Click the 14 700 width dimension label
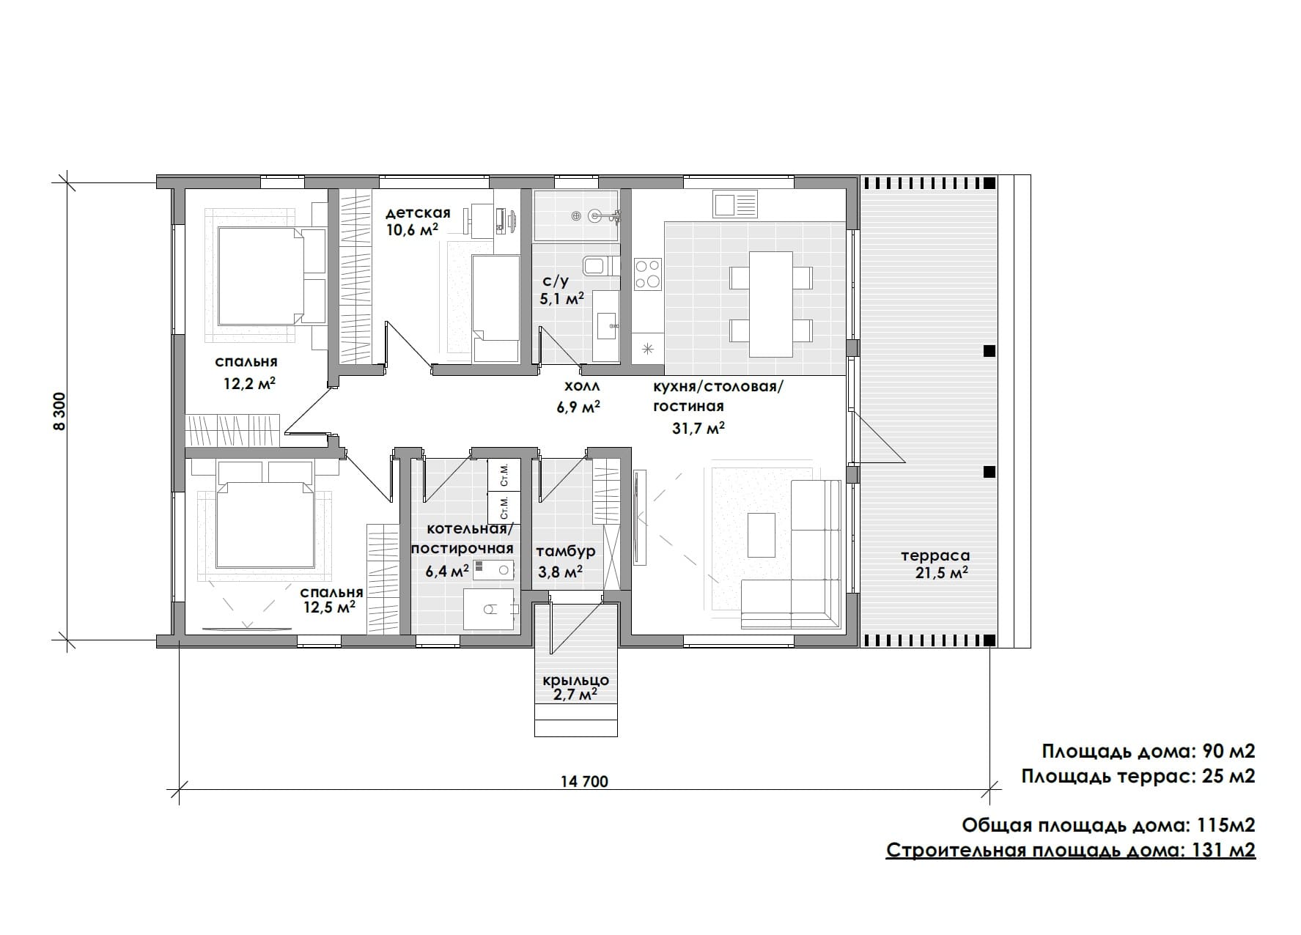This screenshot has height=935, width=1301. click(x=584, y=781)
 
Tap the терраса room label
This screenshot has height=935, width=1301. click(x=935, y=556)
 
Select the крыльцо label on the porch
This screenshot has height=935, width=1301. click(x=575, y=681)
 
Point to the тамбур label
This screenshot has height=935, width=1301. click(x=566, y=552)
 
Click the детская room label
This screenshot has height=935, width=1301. click(x=418, y=213)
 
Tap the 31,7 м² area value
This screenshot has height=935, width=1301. click(x=699, y=428)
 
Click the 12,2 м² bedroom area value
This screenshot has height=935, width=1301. click(x=249, y=384)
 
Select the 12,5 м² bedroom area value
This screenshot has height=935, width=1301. click(x=330, y=607)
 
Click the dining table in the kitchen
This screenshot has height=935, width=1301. click(x=771, y=304)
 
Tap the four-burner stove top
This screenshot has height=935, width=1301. click(x=648, y=274)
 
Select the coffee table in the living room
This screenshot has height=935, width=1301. click(x=761, y=531)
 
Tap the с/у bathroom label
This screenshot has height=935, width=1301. click(x=555, y=281)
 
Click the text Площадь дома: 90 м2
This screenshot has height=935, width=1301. click(x=1149, y=752)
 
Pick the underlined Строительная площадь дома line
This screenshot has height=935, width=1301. click(x=1071, y=851)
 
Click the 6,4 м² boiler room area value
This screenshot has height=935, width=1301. click(x=447, y=571)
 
